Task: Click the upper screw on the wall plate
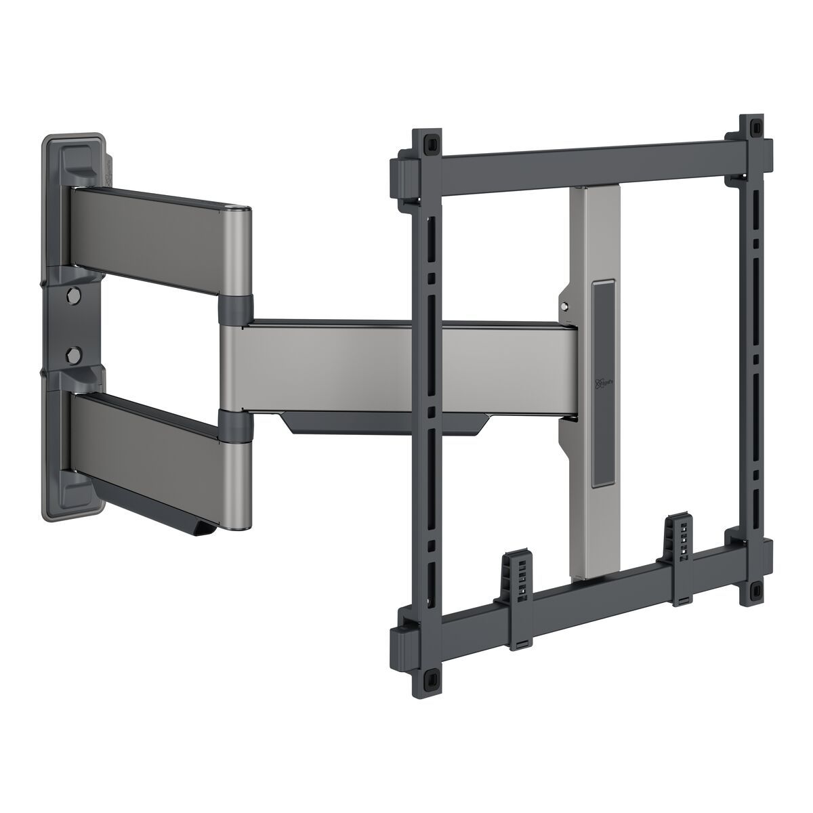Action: (x=72, y=295)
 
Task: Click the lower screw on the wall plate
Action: (x=72, y=353)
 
